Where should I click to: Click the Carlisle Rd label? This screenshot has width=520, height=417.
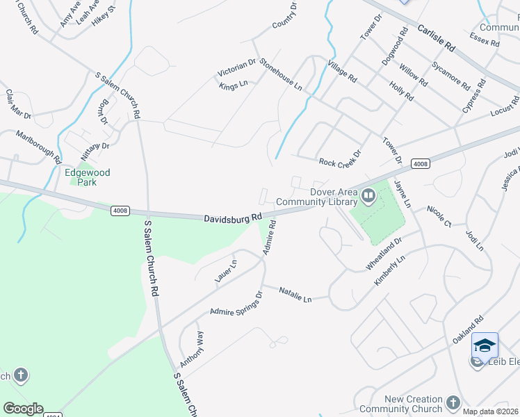[x=436, y=38]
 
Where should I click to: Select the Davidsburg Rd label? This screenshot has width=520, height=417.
[x=232, y=218]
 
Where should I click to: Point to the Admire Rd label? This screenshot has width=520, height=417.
[x=270, y=237]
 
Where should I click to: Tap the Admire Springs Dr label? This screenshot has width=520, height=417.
[x=236, y=304]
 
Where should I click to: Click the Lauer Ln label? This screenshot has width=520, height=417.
[x=226, y=270]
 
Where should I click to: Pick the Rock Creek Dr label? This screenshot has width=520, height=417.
[x=340, y=162]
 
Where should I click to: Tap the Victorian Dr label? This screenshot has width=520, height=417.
[x=237, y=67]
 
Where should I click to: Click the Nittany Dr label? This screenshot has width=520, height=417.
[x=96, y=146]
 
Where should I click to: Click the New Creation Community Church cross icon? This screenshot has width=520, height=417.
[x=453, y=403]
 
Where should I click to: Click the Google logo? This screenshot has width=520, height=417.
[x=23, y=409]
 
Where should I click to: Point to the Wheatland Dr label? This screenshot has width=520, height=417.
[x=384, y=255]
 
